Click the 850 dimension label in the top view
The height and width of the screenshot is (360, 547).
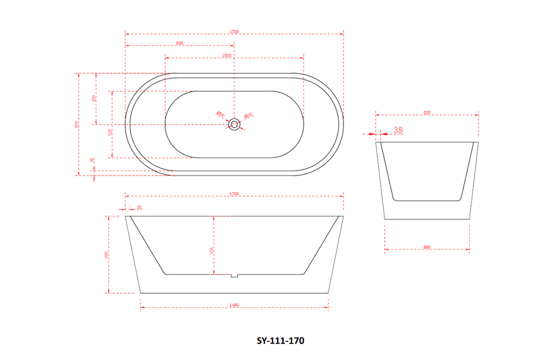[x=179, y=43]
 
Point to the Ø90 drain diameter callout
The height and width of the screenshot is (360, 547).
[x=220, y=114]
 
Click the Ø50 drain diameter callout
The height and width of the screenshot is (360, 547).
[x=248, y=115]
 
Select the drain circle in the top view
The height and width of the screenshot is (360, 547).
[x=234, y=124]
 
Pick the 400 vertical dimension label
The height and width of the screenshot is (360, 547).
[x=93, y=99]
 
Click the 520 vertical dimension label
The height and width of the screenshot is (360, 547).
[x=110, y=132]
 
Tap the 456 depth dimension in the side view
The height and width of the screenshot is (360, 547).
[x=212, y=251]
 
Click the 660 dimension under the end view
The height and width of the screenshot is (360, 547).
[x=427, y=247]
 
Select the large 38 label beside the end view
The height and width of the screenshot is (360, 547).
[x=398, y=130]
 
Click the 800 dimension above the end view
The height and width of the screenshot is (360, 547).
[x=427, y=112]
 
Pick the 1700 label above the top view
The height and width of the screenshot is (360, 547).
[x=233, y=32]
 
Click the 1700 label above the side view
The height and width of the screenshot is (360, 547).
[x=233, y=193]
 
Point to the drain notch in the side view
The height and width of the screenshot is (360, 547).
[x=234, y=276]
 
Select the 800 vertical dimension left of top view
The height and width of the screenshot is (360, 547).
[x=77, y=124]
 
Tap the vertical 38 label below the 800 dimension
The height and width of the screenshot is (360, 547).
[x=92, y=160]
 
